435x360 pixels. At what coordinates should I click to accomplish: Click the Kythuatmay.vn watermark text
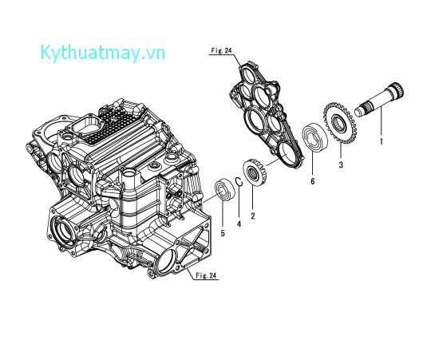(x=102, y=53)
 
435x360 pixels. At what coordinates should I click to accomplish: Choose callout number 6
(x=313, y=182)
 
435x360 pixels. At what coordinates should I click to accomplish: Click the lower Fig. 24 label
(x=206, y=276)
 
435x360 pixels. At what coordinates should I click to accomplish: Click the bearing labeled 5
(x=226, y=191)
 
